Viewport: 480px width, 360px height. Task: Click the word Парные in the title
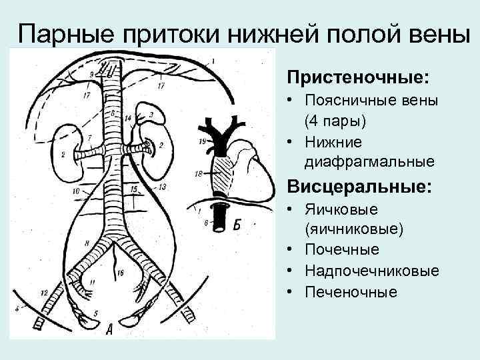(59, 33)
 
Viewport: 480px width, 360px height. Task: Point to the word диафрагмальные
(369, 162)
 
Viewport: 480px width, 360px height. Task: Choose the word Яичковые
(341, 210)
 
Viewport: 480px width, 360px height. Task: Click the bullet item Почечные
(342, 250)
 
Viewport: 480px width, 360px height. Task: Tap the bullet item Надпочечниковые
(372, 271)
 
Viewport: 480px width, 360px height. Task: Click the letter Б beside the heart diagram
(238, 226)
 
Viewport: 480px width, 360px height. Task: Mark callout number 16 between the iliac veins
(119, 273)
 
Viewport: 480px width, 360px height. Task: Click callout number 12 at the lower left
(44, 293)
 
